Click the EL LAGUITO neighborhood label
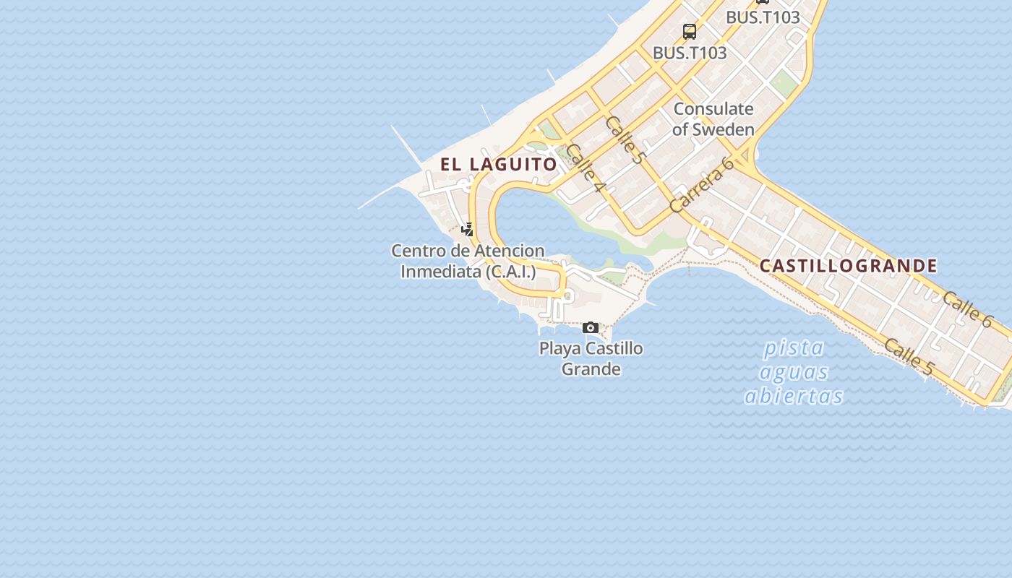pos(499,165)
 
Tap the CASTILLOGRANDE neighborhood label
pos(848,266)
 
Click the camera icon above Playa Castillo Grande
pos(591,328)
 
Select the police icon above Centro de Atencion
pos(468,230)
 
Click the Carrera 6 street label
pos(701,185)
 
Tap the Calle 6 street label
pos(967,309)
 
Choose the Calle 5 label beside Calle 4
pos(625,139)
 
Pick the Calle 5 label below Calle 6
pos(908,357)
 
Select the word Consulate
pos(713,109)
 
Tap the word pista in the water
pos(794,348)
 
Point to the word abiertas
pos(794,397)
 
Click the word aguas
pos(794,373)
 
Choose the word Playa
pos(560,348)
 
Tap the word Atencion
pos(509,251)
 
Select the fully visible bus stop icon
pos(690,32)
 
